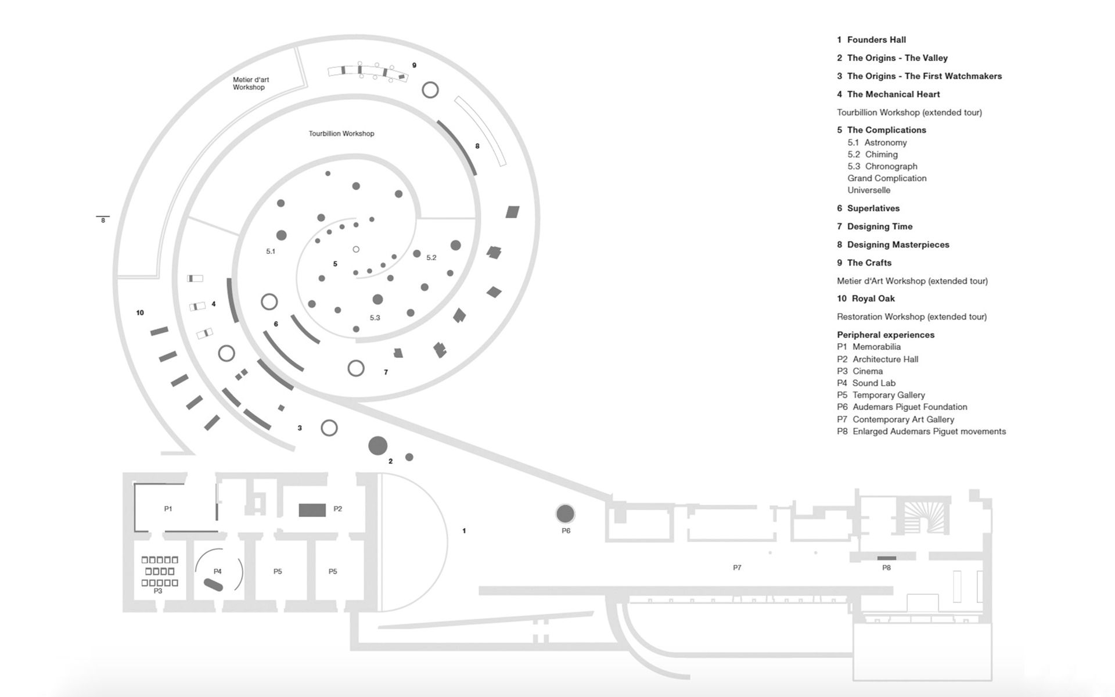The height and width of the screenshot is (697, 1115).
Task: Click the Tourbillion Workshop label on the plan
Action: pos(341,134)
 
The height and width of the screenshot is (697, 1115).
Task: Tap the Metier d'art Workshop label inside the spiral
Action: pos(250,84)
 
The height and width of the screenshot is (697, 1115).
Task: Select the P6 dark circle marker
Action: pos(565,513)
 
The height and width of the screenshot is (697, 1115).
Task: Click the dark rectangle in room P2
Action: pos(312,510)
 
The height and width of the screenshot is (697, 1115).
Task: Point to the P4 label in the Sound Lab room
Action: pos(218,572)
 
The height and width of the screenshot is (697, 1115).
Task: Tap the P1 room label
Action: pos(168,509)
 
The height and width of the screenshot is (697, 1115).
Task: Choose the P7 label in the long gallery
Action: pos(737,567)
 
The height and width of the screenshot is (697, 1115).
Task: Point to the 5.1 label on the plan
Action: pos(271,252)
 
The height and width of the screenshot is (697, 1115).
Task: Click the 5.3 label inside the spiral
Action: pos(375,318)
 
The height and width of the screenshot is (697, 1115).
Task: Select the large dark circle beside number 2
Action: pos(377,445)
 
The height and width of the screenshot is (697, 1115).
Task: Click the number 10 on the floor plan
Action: pos(140,312)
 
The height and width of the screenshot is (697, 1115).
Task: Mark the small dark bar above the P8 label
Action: pos(886,558)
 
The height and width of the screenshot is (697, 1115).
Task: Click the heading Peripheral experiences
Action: pos(886,335)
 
